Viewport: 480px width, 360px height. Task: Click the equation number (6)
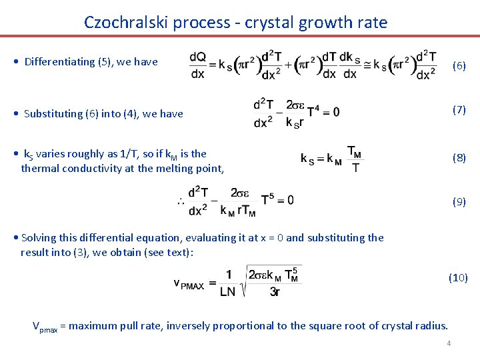(459, 65)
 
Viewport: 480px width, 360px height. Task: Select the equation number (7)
(459, 109)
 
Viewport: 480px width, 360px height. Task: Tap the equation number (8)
(459, 158)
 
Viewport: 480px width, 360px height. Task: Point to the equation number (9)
(459, 201)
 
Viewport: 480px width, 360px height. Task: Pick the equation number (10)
(458, 277)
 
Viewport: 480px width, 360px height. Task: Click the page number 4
(449, 343)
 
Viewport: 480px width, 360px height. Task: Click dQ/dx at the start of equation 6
(197, 65)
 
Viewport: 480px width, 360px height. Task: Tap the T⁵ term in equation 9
(268, 200)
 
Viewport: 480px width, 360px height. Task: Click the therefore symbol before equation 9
(179, 201)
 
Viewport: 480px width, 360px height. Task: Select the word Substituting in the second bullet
(53, 113)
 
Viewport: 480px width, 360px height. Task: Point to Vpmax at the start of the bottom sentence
(45, 327)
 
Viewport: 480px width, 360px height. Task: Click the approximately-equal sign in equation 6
(365, 65)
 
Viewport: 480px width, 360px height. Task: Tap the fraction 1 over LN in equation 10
(228, 283)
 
